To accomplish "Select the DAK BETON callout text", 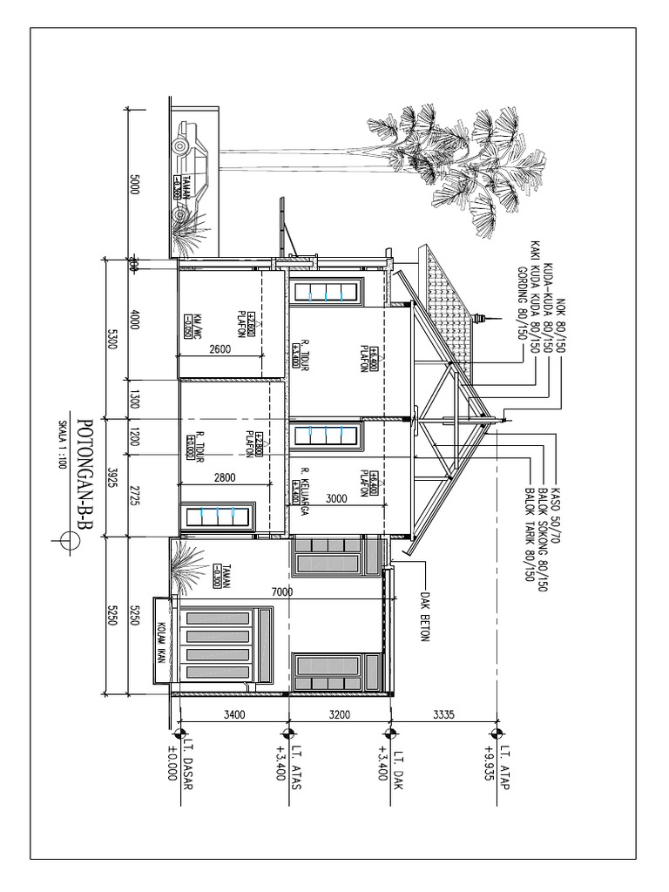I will coord(426,618).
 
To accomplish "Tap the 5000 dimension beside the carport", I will coord(134,185).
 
